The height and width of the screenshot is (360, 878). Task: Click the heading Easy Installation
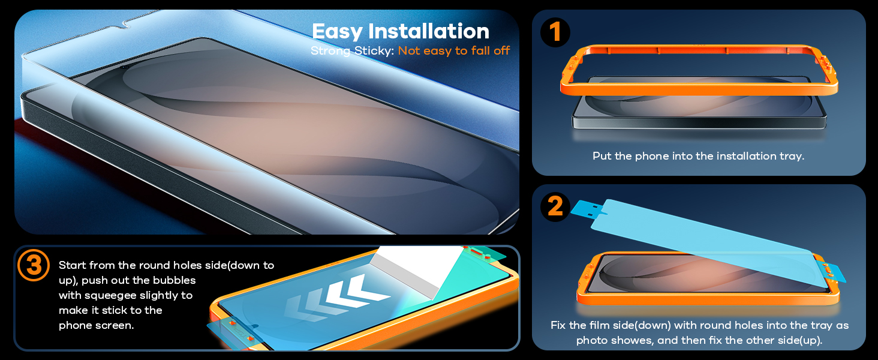click(x=401, y=31)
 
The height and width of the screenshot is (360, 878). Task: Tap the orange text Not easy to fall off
click(x=454, y=51)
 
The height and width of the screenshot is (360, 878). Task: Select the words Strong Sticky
click(x=352, y=51)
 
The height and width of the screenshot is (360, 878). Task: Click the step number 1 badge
click(x=555, y=32)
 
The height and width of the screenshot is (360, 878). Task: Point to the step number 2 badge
click(x=555, y=207)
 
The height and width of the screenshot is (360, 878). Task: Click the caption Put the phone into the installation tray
click(x=698, y=156)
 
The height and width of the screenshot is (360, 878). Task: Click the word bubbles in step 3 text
click(x=175, y=280)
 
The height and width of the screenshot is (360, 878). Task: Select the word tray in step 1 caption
click(x=790, y=156)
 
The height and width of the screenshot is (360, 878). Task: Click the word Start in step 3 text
click(x=72, y=265)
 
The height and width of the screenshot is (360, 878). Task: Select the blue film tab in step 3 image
click(x=223, y=327)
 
